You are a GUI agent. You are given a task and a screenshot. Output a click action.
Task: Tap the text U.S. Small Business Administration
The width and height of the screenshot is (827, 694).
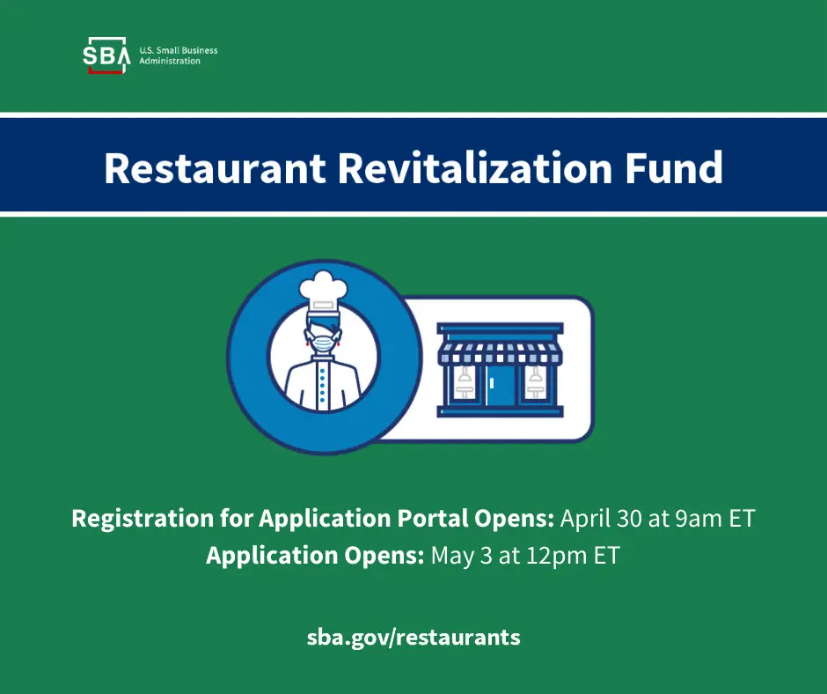pos(178,55)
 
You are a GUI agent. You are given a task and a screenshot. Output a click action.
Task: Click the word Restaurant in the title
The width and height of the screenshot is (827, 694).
pos(215,167)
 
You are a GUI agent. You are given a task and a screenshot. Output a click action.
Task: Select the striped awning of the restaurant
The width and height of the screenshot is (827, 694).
pos(501,354)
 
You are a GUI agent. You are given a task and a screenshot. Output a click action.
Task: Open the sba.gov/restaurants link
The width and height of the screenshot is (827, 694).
pos(413,637)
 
